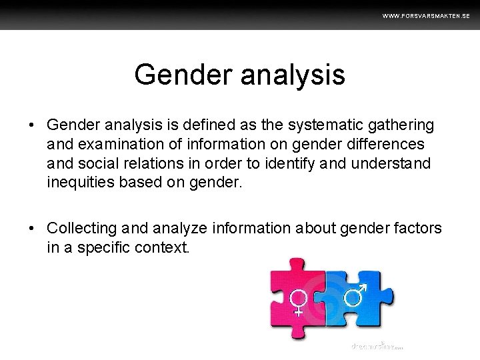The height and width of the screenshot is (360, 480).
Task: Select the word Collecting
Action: [81, 229]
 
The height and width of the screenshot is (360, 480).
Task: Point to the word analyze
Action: [181, 229]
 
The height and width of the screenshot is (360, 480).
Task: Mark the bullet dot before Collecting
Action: [31, 229]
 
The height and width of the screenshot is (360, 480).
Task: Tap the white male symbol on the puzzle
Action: [355, 293]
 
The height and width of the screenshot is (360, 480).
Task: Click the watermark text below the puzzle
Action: [377, 346]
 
